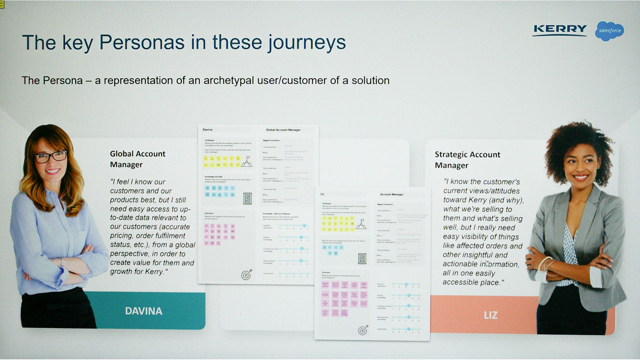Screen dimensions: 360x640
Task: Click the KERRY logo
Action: click(560, 29)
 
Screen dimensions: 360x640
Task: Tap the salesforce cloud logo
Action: click(610, 31)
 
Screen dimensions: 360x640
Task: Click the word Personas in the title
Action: click(142, 43)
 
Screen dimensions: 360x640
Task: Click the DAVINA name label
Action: click(144, 311)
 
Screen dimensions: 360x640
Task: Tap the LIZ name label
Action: click(490, 315)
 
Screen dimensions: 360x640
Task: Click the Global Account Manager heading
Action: click(138, 159)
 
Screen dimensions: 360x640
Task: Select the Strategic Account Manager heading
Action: click(467, 160)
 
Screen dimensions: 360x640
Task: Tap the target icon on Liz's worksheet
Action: click(363, 330)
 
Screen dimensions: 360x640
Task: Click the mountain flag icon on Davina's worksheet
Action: click(247, 162)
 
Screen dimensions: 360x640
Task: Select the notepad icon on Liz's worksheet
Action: click(362, 258)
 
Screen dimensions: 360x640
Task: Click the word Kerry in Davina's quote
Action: click(154, 272)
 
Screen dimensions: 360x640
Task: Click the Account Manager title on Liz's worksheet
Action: click(392, 194)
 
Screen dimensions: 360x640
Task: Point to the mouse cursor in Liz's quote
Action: click(488, 264)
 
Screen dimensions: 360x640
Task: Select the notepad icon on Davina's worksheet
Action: click(247, 198)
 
